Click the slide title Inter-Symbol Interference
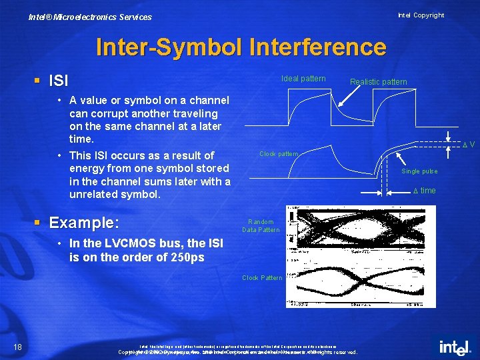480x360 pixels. [241, 47]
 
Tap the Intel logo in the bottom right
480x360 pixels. [455, 347]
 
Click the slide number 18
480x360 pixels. [17, 345]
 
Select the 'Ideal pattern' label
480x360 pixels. [303, 79]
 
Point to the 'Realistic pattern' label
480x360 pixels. [378, 82]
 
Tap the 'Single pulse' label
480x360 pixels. [419, 171]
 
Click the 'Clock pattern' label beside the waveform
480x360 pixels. [279, 154]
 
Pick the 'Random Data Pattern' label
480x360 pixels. [261, 225]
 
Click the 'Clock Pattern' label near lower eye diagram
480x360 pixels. [262, 277]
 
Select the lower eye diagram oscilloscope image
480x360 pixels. [360, 283]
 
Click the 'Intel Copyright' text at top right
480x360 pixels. [421, 15]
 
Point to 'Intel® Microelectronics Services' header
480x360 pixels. [90, 17]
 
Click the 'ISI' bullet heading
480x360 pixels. [59, 81]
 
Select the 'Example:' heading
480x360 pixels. [84, 222]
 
